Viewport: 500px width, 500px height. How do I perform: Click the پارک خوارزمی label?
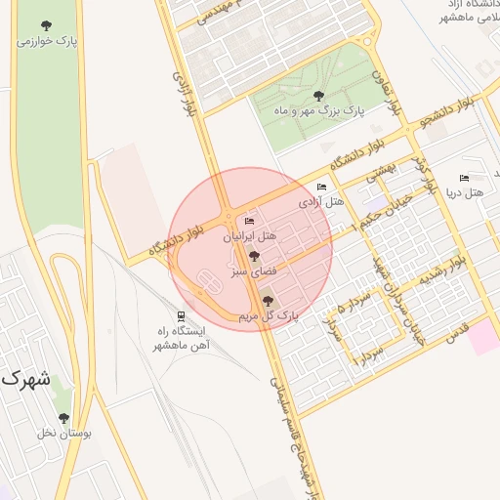[45, 42]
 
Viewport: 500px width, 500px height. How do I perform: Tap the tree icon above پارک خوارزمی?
[45, 26]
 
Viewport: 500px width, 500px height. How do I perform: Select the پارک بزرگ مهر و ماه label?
[318, 111]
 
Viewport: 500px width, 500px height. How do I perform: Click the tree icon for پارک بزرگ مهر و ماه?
[318, 96]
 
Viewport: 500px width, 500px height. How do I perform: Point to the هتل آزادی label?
[322, 202]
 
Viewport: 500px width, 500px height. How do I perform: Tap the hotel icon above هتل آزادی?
[322, 187]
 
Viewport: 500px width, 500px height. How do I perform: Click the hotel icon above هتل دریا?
[464, 179]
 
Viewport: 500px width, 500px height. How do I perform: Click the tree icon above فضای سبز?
[255, 258]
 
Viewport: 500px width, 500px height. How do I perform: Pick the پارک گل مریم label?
[268, 316]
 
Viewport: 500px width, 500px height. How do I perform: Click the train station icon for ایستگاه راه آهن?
[181, 315]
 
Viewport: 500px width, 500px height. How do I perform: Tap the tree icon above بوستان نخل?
[63, 418]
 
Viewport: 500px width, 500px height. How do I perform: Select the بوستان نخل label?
[62, 433]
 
